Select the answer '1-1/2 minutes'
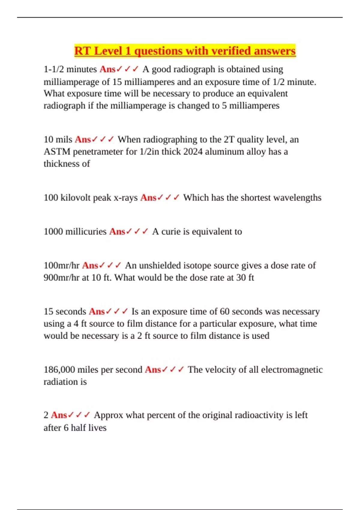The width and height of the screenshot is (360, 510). pos(70,69)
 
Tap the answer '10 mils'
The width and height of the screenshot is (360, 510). pos(58,139)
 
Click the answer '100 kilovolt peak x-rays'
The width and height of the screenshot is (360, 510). pos(91,198)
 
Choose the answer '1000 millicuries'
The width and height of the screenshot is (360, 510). pos(75,232)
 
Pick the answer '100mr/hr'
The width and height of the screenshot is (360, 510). pos(61,265)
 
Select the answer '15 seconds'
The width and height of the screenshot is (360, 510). pos(65,312)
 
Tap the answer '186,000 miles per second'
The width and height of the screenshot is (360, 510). pos(93,370)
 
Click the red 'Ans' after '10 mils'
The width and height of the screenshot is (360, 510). pos(83,139)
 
